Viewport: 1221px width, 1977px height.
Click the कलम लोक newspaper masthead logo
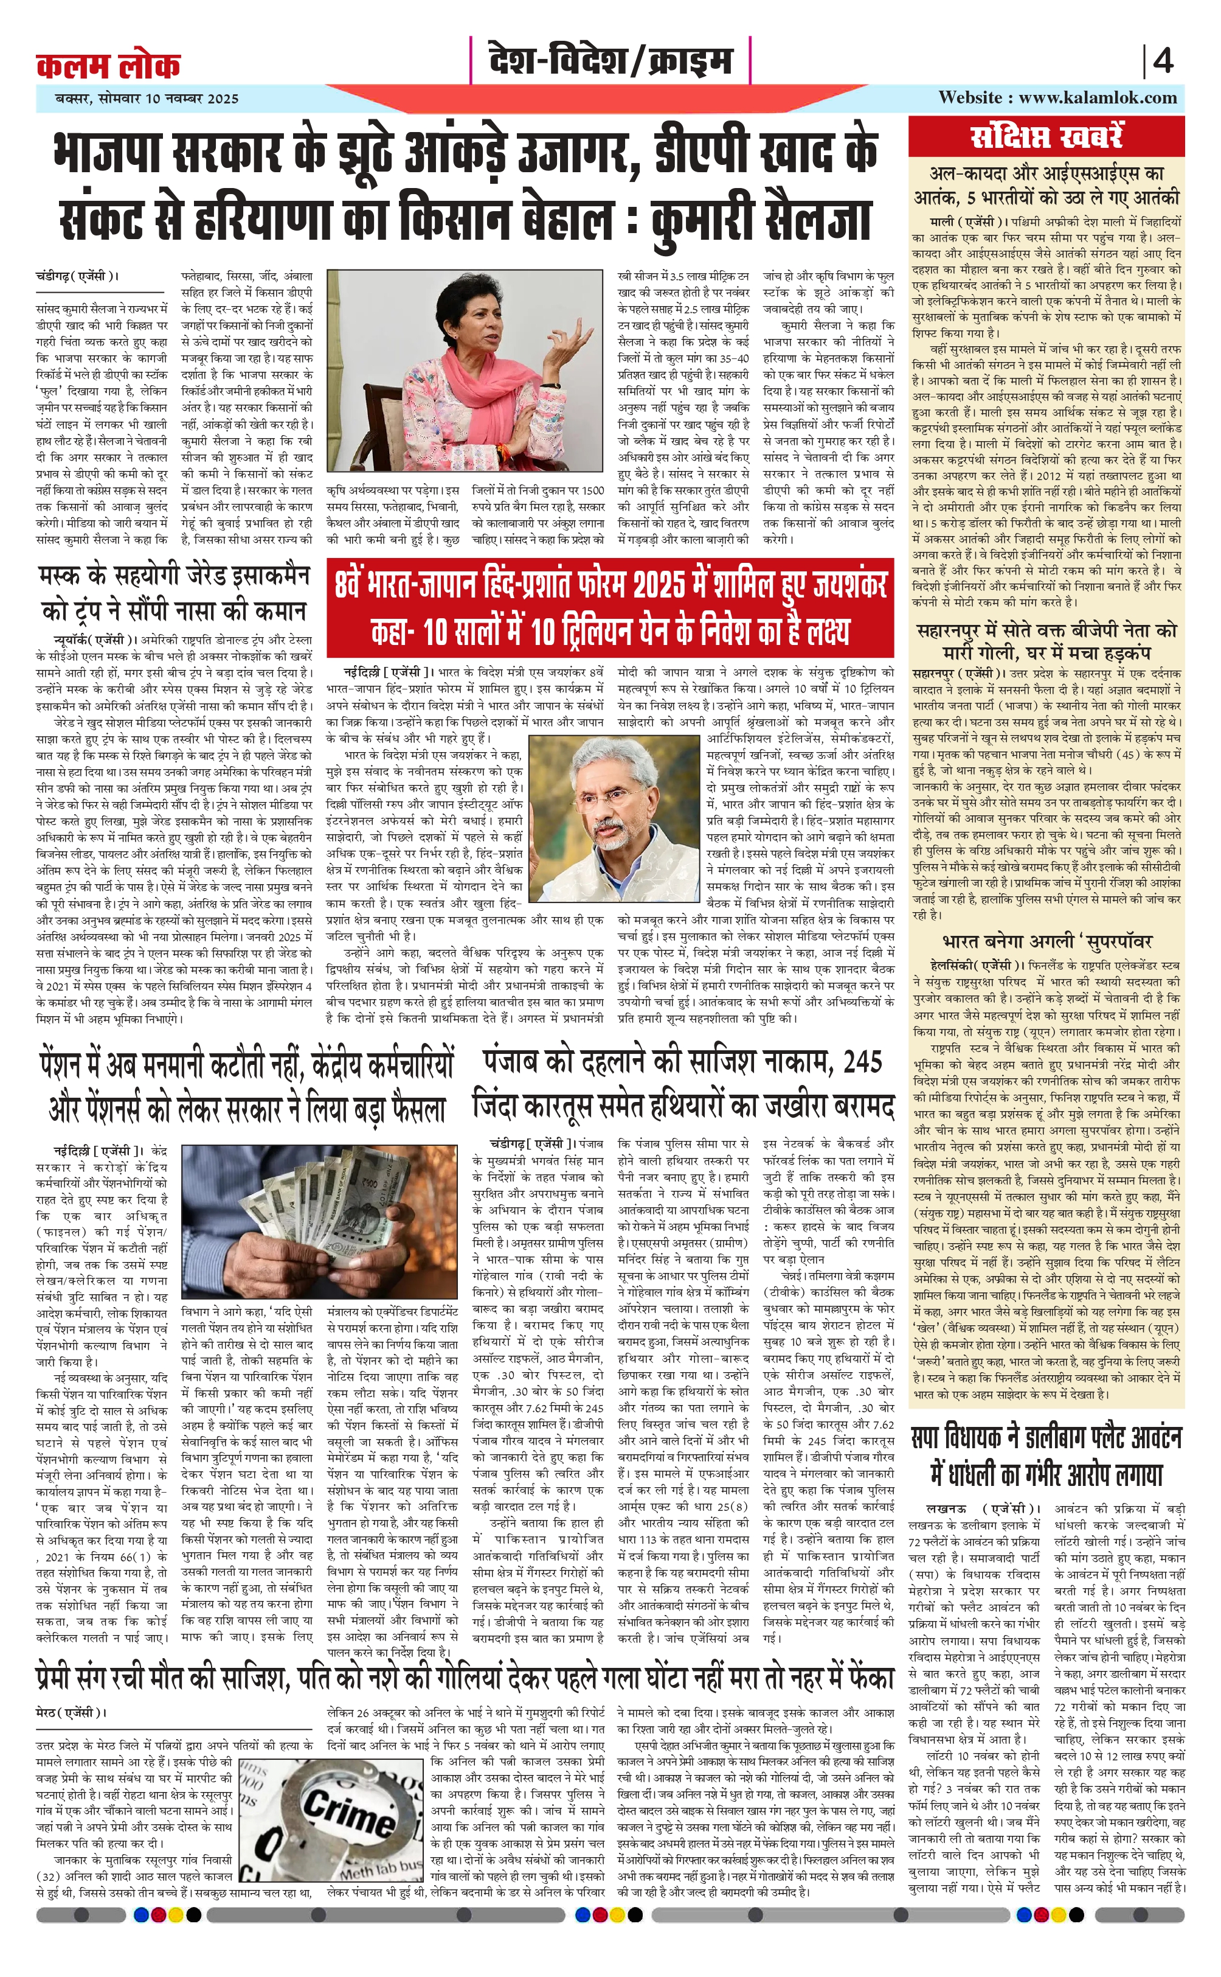pos(108,65)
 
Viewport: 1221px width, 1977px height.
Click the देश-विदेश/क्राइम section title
pos(610,61)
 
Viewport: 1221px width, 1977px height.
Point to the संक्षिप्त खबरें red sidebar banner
pos(1046,136)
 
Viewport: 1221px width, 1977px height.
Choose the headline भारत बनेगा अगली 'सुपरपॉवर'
pos(1046,941)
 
